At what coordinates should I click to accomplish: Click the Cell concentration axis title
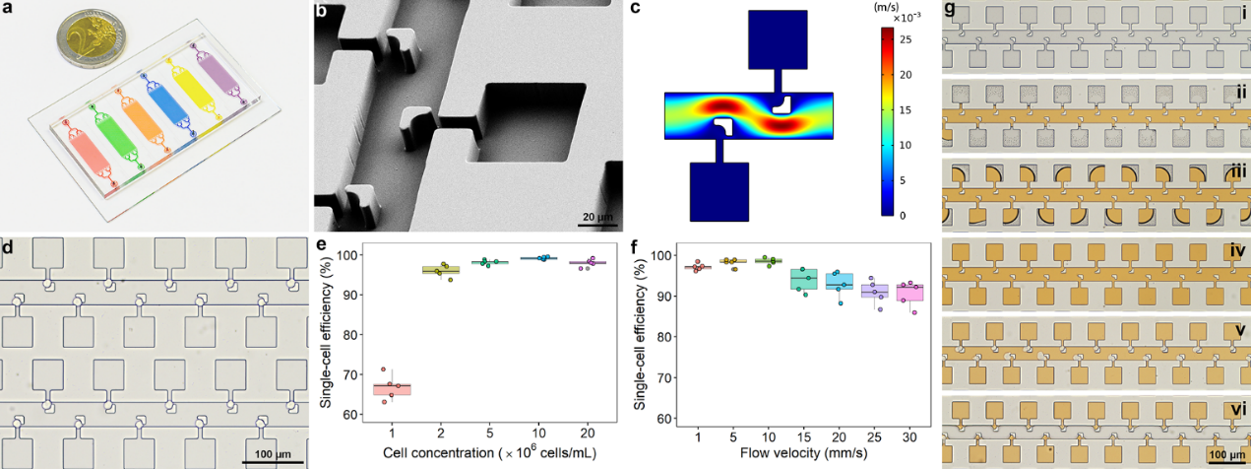coord(488,452)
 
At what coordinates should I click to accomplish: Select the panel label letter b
coord(320,11)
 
